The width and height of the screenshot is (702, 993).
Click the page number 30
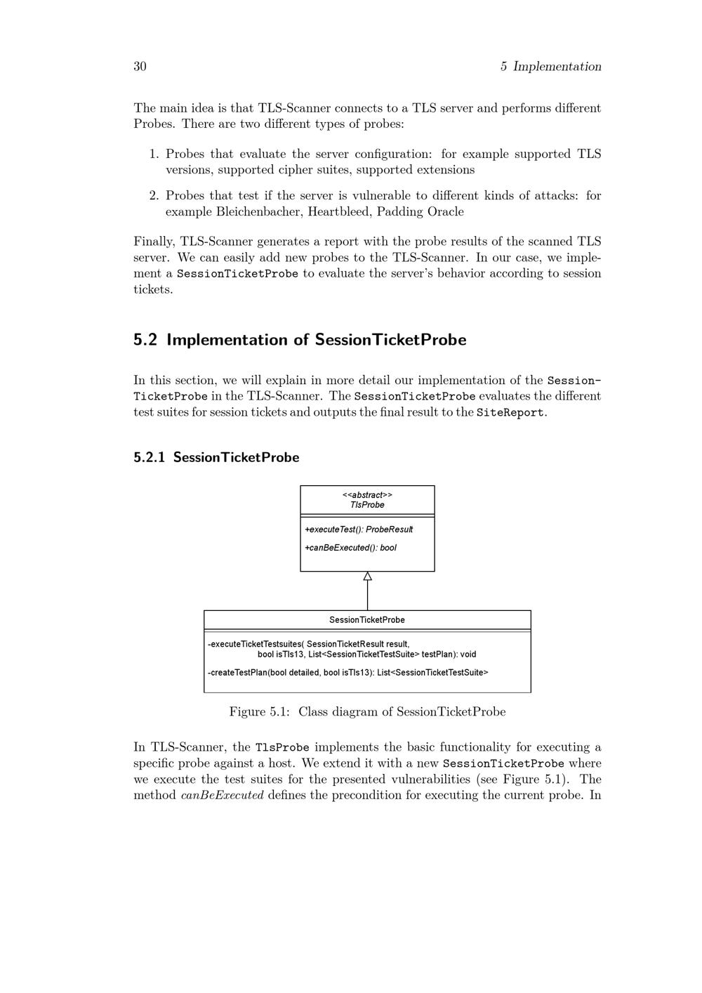(x=140, y=67)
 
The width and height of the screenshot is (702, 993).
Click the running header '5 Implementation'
(x=550, y=67)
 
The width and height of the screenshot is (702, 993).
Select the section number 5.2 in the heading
(x=145, y=340)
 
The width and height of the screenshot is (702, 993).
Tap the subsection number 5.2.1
(x=149, y=457)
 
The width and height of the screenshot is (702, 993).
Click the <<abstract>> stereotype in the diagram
(x=367, y=495)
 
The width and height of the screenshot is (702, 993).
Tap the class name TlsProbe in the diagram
(x=367, y=505)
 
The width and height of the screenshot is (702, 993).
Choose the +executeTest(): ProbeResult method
(x=359, y=530)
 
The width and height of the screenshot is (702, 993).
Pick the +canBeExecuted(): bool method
(x=350, y=548)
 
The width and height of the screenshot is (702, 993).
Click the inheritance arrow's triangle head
(x=367, y=577)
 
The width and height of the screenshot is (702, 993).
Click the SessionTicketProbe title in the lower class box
(x=367, y=620)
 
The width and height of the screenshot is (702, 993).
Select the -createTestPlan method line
(x=348, y=673)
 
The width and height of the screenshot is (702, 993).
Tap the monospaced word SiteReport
(x=510, y=412)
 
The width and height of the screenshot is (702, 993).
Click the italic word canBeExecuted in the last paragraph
(x=222, y=796)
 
